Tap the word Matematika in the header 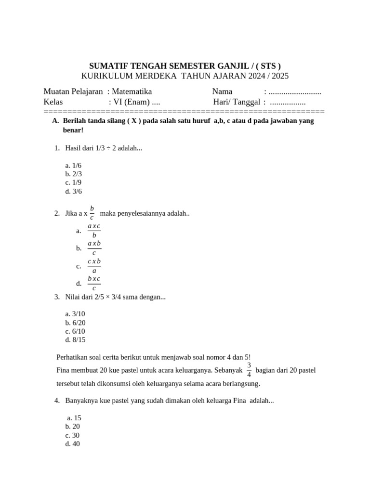click(x=132, y=91)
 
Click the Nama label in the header click(x=222, y=91)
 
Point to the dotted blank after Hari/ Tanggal click(x=288, y=102)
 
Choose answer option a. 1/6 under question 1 click(x=74, y=165)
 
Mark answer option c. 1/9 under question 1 click(x=74, y=182)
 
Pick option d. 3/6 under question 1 click(x=74, y=191)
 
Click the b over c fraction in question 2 click(x=92, y=213)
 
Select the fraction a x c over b click(x=94, y=231)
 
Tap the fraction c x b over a click(x=94, y=266)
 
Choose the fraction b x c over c click(x=94, y=284)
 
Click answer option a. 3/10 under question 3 click(x=75, y=314)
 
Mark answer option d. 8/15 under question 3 click(x=75, y=340)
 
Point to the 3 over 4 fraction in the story click(x=249, y=370)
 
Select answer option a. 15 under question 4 click(x=74, y=418)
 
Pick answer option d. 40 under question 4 click(x=72, y=444)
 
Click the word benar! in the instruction click(x=73, y=130)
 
